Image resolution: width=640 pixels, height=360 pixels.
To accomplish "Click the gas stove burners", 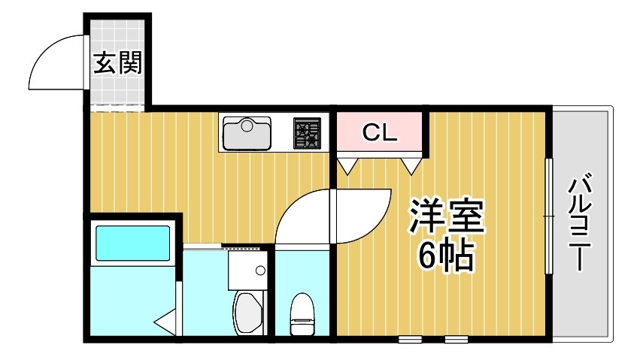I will point(307,132).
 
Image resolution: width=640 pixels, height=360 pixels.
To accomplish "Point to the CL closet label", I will point(379,133).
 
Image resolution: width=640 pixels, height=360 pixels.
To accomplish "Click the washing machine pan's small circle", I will point(261,270).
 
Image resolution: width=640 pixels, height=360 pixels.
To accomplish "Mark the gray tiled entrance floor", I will point(117,90).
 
